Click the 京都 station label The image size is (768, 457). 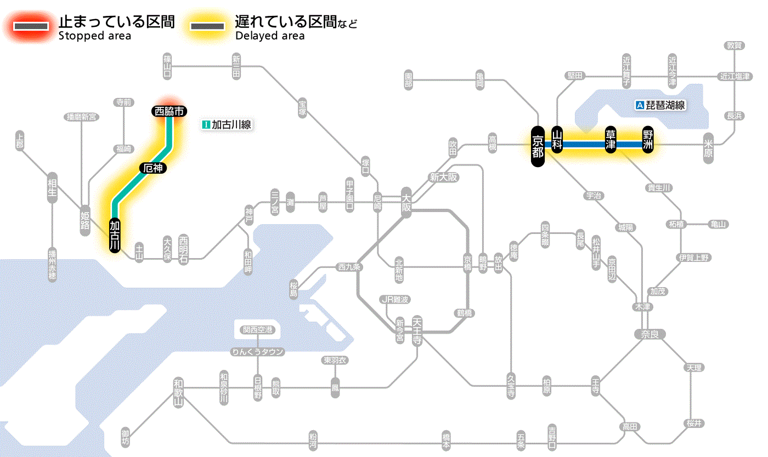pos(538,145)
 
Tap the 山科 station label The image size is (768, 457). pos(557,141)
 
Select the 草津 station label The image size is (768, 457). pos(611,141)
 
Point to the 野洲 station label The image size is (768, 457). pos(648,141)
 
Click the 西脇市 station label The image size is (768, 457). pos(170,111)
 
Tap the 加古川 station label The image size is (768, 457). pos(115,236)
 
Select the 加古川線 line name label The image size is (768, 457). pos(227,125)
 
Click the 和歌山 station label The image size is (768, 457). pos(178,392)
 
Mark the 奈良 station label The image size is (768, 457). pos(649,334)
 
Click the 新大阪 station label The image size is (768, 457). pos(444,177)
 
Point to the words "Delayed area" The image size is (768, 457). pos(270,36)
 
